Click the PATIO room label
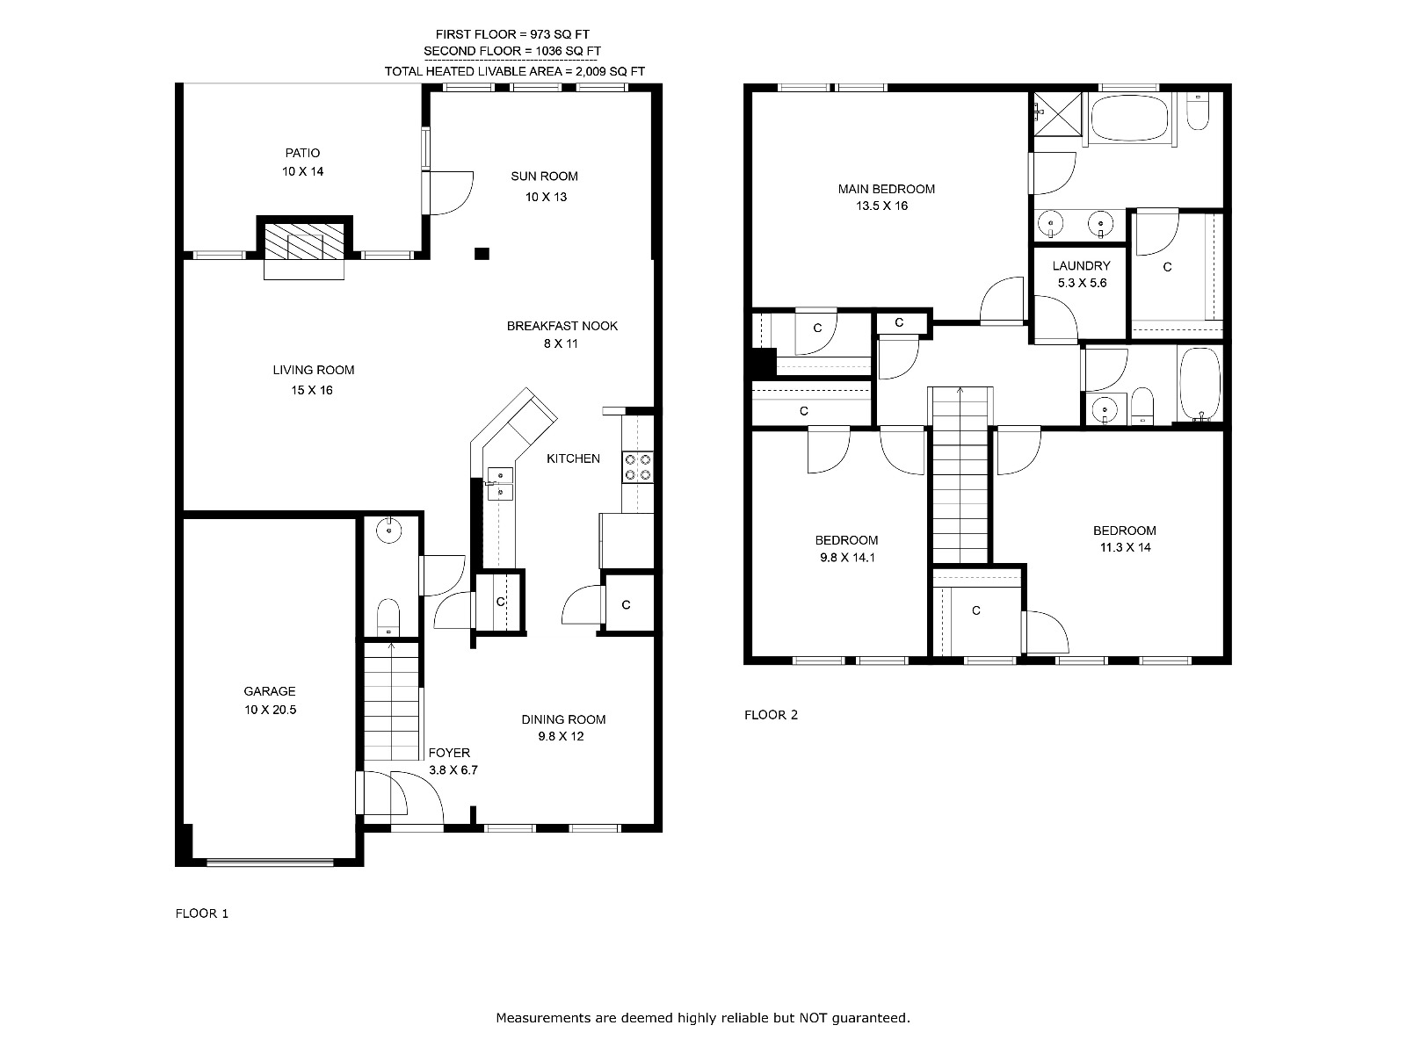302,153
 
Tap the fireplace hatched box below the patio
304,242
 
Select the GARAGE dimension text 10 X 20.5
271,710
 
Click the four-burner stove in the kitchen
638,467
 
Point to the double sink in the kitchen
500,484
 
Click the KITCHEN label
573,458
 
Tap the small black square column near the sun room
482,254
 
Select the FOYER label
449,753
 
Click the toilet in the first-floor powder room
388,617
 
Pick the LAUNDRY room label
1081,265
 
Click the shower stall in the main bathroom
1058,114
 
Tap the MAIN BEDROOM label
887,189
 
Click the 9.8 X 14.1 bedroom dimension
847,558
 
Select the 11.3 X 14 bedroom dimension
1126,547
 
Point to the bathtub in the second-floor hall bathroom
1199,384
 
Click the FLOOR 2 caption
772,715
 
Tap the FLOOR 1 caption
202,913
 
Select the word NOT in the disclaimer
814,1017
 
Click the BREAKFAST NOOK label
562,326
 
